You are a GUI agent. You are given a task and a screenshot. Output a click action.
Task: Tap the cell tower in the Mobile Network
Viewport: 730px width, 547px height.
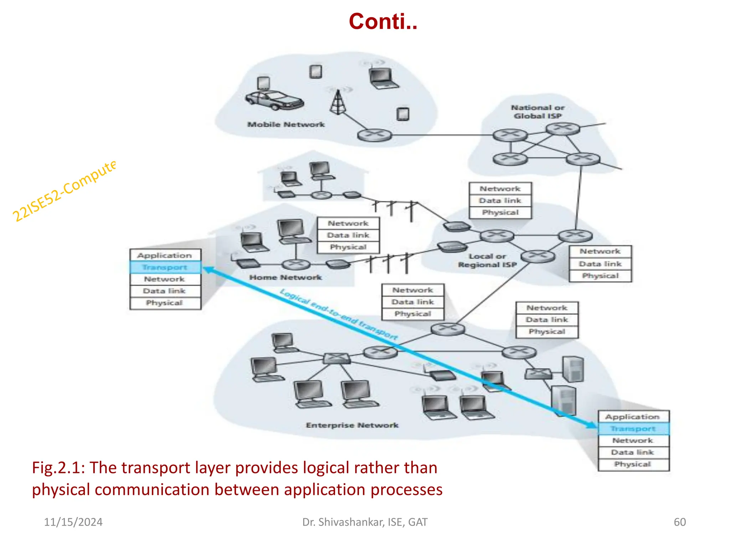pos(338,103)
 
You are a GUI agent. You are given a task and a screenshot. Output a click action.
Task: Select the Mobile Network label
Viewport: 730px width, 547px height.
pos(286,125)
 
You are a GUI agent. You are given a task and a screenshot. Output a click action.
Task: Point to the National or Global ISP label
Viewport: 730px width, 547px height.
pos(538,111)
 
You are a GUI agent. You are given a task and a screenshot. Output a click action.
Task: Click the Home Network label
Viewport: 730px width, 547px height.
pos(285,277)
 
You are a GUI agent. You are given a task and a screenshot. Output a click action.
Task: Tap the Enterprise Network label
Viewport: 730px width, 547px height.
pos(352,425)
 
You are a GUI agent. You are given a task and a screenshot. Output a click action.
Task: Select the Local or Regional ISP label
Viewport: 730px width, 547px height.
pos(487,260)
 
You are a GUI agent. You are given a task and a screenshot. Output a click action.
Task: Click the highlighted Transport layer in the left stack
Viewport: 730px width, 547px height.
pos(165,267)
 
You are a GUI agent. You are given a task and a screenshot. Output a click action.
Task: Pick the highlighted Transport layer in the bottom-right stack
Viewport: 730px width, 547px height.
pos(633,429)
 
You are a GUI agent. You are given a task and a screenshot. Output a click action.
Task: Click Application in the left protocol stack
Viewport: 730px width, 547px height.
pos(165,255)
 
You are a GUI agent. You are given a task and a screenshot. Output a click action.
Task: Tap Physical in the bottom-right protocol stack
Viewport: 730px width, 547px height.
pos(633,464)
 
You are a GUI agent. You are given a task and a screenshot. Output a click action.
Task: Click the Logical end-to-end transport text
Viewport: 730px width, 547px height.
pos(339,314)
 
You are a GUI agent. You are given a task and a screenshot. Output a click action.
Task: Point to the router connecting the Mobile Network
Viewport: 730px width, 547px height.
pos(374,135)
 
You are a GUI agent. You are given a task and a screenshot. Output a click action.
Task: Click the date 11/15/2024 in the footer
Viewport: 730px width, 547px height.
pos(73,522)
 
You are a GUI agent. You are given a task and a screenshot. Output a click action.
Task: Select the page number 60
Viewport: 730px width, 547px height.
pos(679,522)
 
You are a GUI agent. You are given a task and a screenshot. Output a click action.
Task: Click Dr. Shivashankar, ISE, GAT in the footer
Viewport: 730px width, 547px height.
pos(365,522)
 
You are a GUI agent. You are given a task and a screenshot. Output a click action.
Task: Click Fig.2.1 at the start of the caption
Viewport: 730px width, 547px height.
pos(57,468)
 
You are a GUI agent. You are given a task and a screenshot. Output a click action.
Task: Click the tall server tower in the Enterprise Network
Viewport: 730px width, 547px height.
pos(573,369)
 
